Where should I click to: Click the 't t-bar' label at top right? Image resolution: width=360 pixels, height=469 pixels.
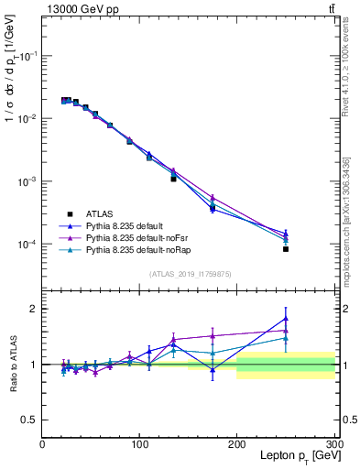pos(331,8)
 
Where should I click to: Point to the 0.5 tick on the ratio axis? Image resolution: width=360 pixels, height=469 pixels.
pos(30,420)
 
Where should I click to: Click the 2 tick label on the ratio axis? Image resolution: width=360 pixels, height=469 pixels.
pos(33,309)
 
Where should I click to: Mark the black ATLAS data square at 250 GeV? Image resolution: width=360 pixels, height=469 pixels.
pos(286,249)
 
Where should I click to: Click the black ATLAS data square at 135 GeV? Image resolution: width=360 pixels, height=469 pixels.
pos(173,179)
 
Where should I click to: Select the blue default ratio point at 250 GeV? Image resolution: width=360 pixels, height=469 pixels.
pos(286,319)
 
